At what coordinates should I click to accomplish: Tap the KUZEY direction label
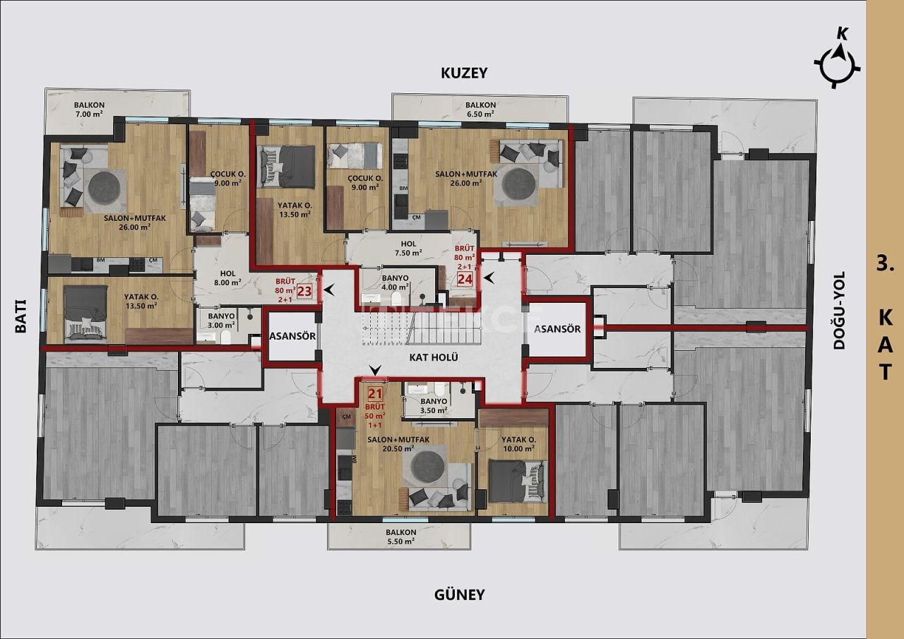coord(464,73)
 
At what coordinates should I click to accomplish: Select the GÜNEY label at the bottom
coord(459,595)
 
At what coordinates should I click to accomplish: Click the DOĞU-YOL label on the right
coord(839,311)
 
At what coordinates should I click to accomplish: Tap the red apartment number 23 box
coord(304,290)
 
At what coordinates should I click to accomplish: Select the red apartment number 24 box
coord(465,278)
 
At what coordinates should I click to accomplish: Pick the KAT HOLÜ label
coord(434,357)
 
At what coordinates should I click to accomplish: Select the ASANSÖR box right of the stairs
coord(557,329)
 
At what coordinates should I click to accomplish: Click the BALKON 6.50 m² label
coord(480,109)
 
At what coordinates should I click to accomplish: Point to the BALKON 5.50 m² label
coord(400,537)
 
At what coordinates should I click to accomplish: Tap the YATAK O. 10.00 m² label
coord(520,443)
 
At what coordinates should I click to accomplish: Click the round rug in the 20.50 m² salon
coord(427,466)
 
